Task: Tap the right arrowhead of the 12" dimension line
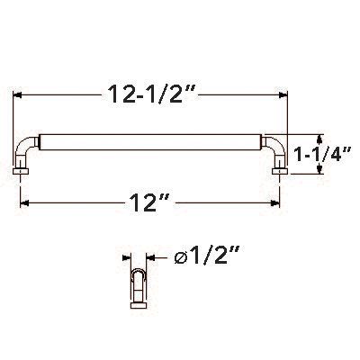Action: pyautogui.click(x=280, y=203)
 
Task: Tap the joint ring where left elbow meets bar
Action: pyautogui.click(x=41, y=141)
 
